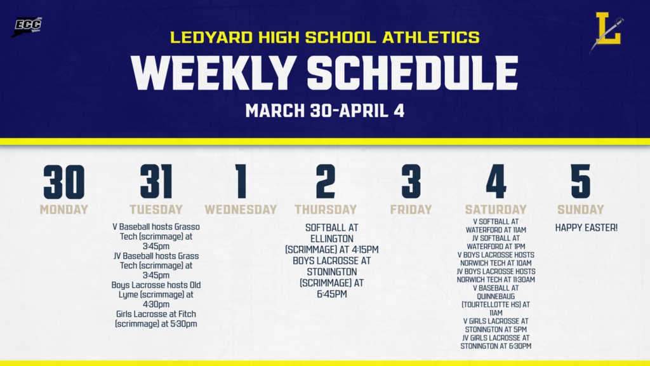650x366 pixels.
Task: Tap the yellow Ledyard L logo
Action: pos(609,30)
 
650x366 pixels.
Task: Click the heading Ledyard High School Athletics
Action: pos(324,37)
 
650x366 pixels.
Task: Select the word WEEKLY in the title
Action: pos(213,73)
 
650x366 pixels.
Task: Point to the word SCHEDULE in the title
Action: pos(413,73)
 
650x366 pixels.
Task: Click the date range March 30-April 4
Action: pos(324,110)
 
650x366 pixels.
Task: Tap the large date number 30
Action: pos(63,182)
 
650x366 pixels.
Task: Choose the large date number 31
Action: pos(156,182)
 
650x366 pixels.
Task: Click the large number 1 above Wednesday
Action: pos(241,182)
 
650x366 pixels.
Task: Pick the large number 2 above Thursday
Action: pos(325,182)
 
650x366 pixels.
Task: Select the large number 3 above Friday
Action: pos(411,182)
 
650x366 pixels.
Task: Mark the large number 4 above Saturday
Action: pos(496,182)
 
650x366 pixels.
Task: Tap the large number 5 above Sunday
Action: pos(580,182)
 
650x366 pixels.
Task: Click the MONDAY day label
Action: pos(63,209)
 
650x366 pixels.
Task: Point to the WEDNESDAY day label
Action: pos(241,209)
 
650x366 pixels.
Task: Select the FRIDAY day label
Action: pos(411,209)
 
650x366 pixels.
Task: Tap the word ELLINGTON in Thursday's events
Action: pos(331,238)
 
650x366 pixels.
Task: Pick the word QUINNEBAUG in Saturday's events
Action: pos(496,296)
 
